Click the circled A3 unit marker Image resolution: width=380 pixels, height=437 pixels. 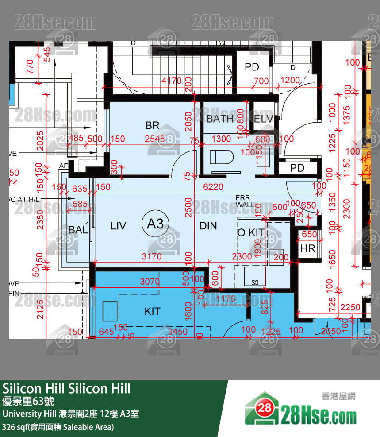click(155, 224)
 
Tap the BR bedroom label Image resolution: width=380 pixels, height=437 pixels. click(152, 126)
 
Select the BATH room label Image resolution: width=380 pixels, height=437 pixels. click(220, 119)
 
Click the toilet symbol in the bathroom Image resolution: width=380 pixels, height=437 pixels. click(220, 157)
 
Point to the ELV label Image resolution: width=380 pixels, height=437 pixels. click(263, 119)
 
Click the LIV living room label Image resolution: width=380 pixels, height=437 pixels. click(118, 226)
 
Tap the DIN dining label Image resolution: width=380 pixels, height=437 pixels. click(208, 226)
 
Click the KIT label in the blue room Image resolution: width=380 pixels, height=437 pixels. click(152, 312)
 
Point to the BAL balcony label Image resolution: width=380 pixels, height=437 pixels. click(78, 230)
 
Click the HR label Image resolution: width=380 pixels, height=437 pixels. click(307, 249)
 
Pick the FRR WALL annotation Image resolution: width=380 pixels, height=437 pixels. click(245, 201)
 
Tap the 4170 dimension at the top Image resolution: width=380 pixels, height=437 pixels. click(171, 81)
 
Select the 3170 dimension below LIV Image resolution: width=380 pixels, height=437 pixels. click(151, 256)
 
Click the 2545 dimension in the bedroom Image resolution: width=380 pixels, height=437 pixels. click(154, 139)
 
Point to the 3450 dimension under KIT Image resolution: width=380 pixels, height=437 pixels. click(177, 332)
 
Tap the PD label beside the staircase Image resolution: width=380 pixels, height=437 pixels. click(252, 67)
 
